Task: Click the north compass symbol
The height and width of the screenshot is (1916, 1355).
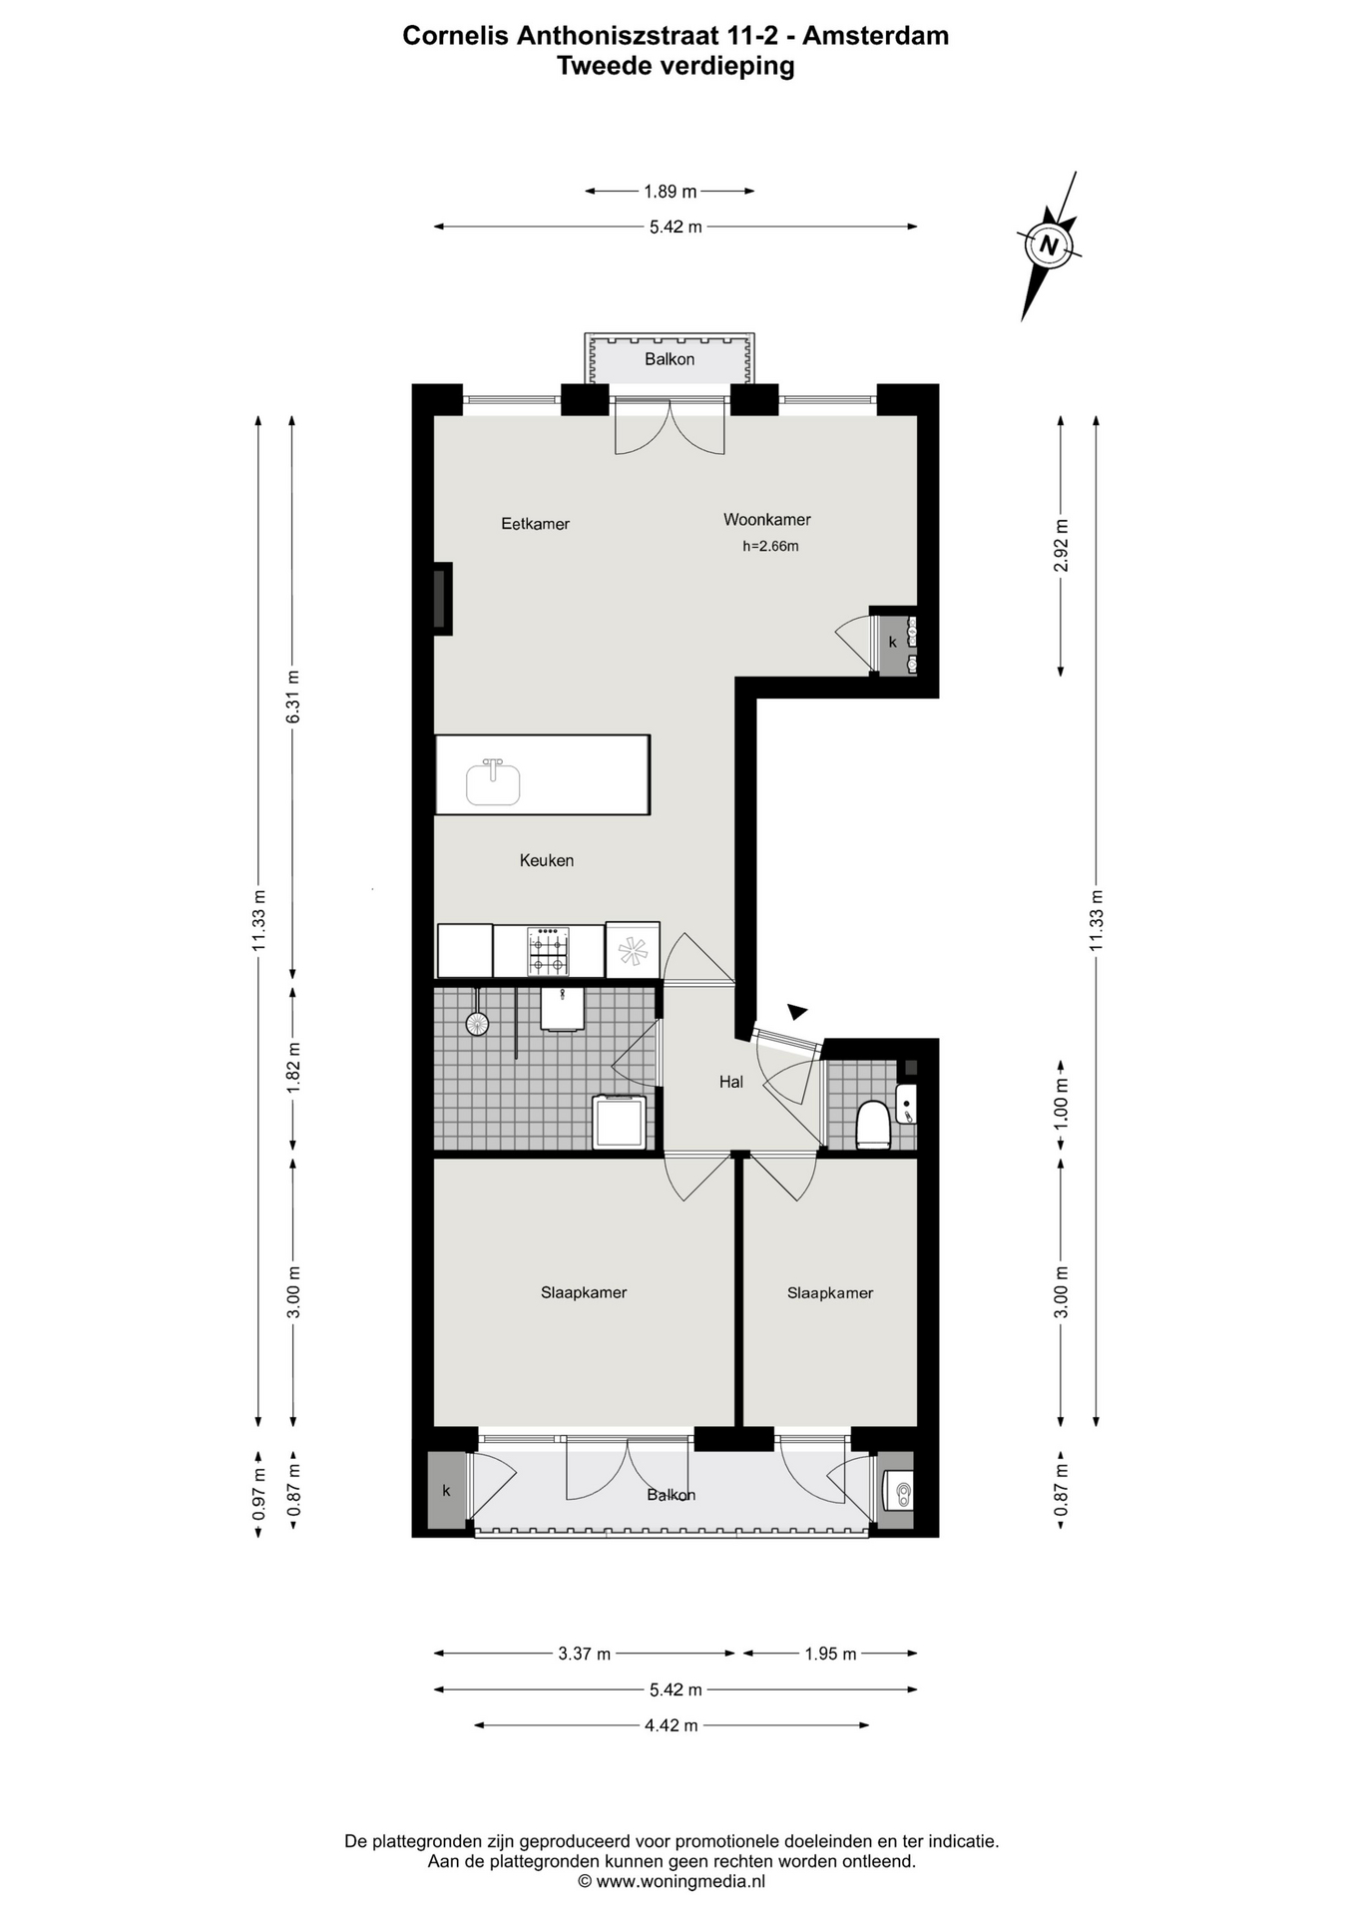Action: [x=1048, y=244]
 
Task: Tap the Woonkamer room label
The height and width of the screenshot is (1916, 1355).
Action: [x=766, y=520]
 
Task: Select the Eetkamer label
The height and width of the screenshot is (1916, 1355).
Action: [x=535, y=524]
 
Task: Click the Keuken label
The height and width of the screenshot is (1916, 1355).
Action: [x=546, y=860]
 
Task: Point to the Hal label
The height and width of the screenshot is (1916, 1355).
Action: [x=731, y=1082]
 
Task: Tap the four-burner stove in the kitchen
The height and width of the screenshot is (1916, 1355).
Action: [x=549, y=952]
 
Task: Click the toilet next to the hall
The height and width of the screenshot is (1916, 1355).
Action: [x=872, y=1126]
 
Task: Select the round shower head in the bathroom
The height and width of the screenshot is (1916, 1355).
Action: [x=477, y=1023]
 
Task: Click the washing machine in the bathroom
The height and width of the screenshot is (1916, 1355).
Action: [x=620, y=1123]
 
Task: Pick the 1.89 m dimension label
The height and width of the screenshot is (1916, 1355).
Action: [x=671, y=192]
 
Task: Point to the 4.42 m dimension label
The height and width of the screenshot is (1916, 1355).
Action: [x=672, y=1725]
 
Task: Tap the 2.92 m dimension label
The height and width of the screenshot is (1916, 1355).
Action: [x=1062, y=546]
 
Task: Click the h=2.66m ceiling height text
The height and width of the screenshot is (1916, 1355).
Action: [x=770, y=547]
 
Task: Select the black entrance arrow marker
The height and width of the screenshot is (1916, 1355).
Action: [x=796, y=1012]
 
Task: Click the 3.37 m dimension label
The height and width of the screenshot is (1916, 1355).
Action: [x=585, y=1654]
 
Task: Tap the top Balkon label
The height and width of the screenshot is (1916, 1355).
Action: [x=670, y=359]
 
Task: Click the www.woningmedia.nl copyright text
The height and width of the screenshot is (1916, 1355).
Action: [x=672, y=1882]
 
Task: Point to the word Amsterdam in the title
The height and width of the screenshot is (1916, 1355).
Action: [x=876, y=36]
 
